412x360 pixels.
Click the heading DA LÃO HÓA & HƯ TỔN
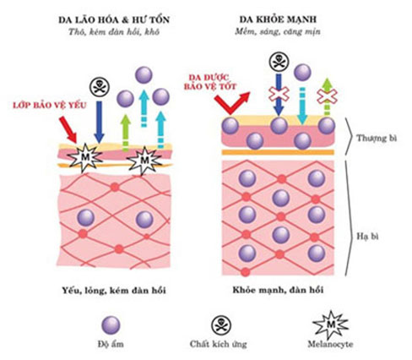(114, 19)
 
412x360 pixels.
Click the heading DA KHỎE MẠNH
(278, 19)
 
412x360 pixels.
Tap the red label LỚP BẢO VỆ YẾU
(50, 105)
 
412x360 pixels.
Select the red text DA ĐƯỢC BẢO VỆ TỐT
(210, 82)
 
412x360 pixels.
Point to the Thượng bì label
(377, 138)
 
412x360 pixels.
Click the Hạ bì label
(367, 236)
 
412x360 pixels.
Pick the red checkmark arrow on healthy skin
(232, 103)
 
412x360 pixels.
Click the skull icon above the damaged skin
(99, 87)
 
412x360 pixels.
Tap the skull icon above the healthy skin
(279, 62)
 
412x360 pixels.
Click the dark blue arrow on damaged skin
(99, 122)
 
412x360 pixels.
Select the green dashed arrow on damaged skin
(126, 133)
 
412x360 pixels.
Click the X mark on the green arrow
(327, 96)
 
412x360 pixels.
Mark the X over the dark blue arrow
(279, 94)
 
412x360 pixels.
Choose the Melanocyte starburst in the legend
(331, 325)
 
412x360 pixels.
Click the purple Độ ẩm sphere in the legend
(111, 325)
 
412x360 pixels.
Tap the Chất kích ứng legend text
(218, 344)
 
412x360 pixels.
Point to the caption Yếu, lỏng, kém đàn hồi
(114, 290)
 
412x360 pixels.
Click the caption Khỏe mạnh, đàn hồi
(278, 290)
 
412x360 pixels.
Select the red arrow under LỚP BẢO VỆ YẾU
(68, 129)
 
